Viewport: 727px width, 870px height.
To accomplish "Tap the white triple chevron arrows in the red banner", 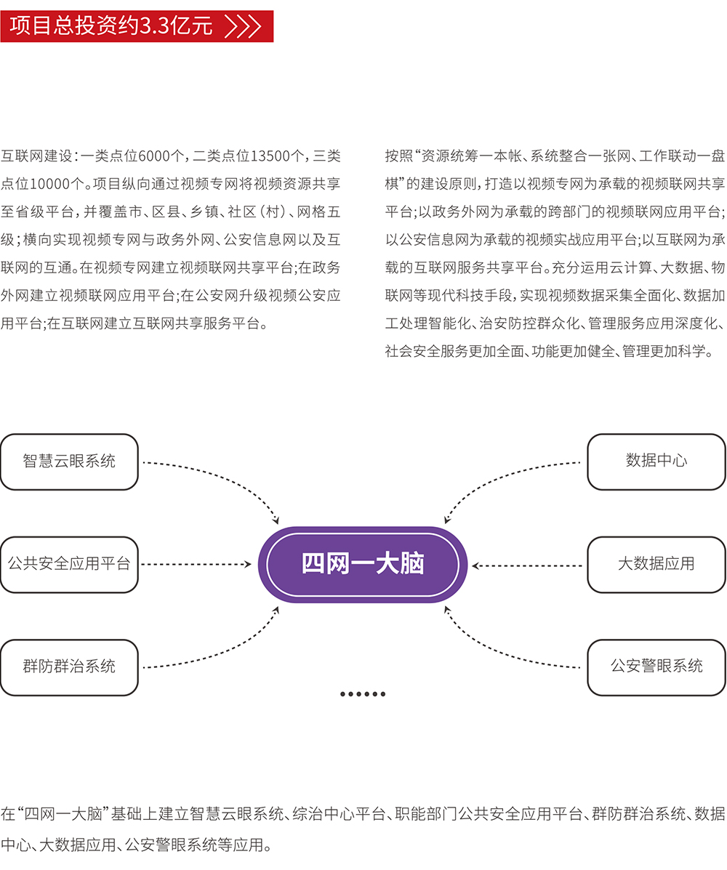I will click(x=244, y=27).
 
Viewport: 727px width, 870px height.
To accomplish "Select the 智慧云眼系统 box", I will click(x=69, y=462).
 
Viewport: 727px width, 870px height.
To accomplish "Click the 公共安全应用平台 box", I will click(x=69, y=564).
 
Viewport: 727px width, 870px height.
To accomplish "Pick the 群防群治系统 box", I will click(x=69, y=666).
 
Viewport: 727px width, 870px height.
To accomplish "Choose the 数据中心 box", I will click(x=656, y=462).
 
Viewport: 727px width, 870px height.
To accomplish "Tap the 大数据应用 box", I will click(x=656, y=564).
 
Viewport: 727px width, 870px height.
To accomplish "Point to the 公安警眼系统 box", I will click(x=656, y=666).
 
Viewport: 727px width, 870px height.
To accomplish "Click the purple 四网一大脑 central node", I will click(x=363, y=564).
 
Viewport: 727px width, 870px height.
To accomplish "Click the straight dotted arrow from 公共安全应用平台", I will click(x=196, y=565).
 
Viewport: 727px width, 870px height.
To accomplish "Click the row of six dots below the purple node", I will click(x=363, y=694).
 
